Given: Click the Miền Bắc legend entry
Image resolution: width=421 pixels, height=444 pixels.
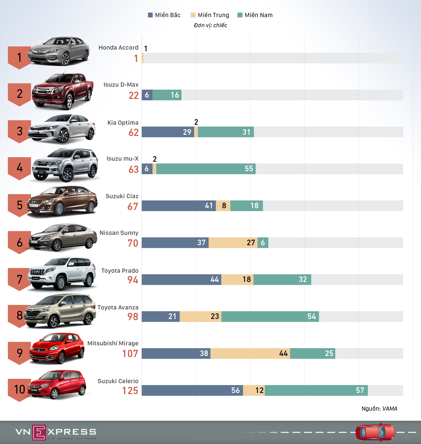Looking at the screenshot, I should click(x=164, y=15).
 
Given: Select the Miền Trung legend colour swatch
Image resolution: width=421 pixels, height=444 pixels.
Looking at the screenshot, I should click(x=193, y=15).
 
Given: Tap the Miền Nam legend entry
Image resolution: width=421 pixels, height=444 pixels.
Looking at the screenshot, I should click(x=255, y=15).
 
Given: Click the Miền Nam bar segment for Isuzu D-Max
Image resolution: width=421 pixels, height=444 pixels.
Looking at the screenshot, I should click(x=167, y=95).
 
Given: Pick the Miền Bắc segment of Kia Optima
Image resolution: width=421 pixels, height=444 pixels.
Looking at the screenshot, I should click(x=168, y=132).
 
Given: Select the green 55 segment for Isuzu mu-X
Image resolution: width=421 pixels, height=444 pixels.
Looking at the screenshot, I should click(x=206, y=169).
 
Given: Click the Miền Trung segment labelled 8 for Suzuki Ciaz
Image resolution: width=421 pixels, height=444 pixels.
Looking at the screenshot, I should click(x=223, y=206).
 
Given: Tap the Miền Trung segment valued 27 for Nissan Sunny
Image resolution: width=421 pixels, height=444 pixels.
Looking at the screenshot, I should click(x=233, y=243).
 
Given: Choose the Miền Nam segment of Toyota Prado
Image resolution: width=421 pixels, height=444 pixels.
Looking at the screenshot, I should click(x=282, y=279).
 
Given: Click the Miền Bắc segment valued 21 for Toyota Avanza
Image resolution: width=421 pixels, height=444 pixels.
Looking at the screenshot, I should click(x=161, y=316).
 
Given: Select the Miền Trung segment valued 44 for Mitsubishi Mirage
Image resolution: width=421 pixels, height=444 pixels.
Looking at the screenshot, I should click(x=250, y=353).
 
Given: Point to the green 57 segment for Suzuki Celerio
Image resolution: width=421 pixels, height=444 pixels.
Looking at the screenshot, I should click(x=316, y=390).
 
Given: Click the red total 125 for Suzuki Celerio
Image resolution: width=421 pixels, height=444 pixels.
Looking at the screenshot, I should click(x=130, y=390).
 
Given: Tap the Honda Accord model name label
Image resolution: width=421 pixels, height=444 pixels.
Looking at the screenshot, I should click(x=118, y=48).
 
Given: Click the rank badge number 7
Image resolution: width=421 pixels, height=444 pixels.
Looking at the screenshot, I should click(x=19, y=279).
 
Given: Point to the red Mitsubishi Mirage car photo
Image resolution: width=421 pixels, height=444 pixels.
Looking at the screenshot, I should click(x=57, y=348).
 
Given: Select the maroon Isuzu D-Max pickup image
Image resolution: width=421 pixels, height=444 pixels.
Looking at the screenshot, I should click(x=62, y=91).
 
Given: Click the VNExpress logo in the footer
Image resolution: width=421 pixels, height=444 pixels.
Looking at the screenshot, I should click(x=56, y=432).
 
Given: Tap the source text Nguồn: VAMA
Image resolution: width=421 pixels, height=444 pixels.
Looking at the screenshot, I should click(x=379, y=409).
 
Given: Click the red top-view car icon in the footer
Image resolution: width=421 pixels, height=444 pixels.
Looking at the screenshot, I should click(x=375, y=432).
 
